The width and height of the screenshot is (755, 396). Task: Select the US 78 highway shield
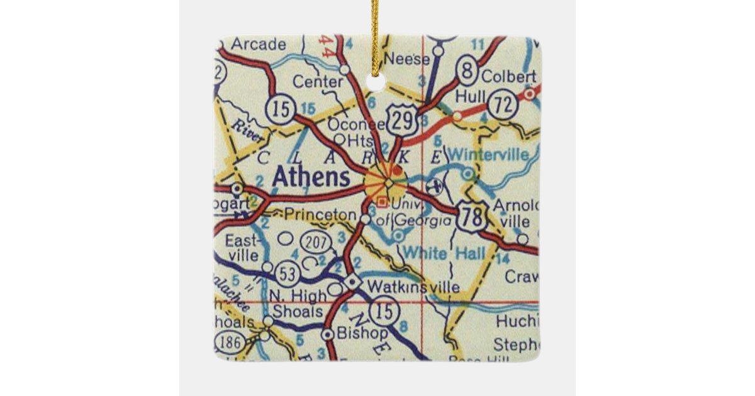coord(472,217)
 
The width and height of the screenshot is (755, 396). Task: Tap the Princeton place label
coord(320,214)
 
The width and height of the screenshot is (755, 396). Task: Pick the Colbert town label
coord(508,77)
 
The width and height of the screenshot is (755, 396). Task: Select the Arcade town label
coord(250,44)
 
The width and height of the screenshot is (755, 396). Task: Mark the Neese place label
coord(406,60)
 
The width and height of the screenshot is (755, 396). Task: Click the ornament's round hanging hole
coord(376,81)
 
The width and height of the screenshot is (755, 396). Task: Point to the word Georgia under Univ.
coord(423,221)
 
